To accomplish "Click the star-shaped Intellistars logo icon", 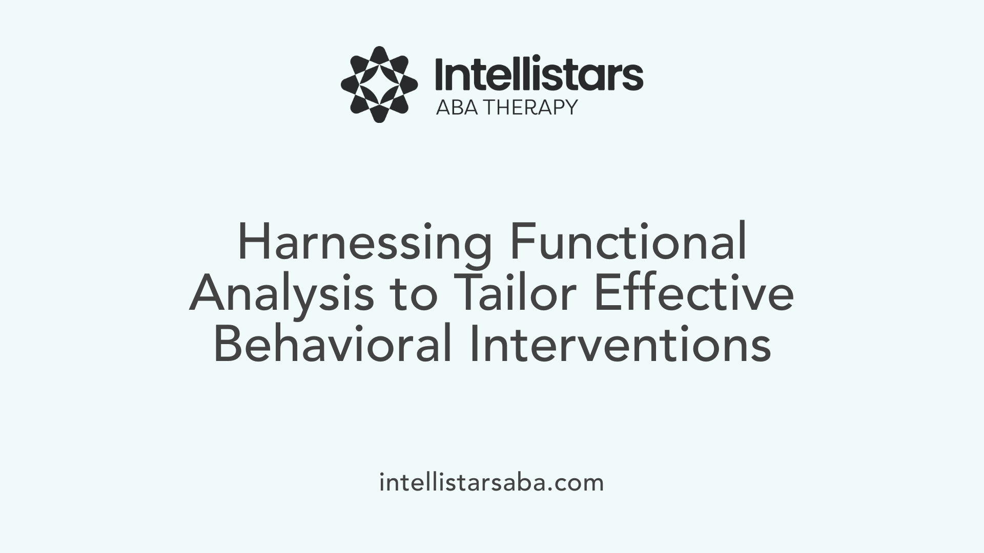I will pyautogui.click(x=379, y=84).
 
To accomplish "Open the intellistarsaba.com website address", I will pyautogui.click(x=491, y=483).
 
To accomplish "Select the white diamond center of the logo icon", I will pyautogui.click(x=379, y=84).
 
